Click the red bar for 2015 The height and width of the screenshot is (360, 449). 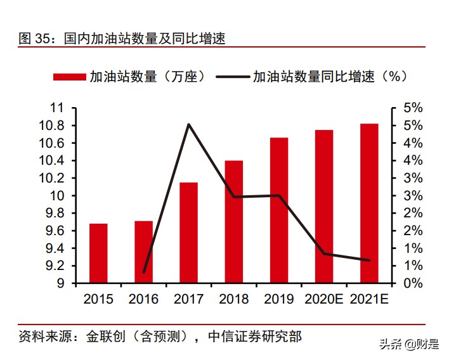(x=98, y=253)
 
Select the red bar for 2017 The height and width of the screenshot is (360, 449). (x=188, y=233)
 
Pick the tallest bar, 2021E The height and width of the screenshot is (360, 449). (x=369, y=203)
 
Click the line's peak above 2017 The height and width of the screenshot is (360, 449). (x=188, y=124)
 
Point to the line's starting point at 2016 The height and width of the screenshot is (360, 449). (x=144, y=272)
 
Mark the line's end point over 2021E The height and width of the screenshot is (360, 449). (x=369, y=260)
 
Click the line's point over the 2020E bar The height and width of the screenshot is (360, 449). (x=324, y=254)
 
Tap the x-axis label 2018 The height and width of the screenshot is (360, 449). (x=233, y=299)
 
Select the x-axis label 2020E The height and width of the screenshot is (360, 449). (x=324, y=299)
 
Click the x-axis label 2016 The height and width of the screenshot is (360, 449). (x=143, y=299)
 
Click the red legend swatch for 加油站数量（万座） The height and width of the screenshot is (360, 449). (x=69, y=77)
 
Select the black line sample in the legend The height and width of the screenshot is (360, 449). (x=232, y=77)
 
